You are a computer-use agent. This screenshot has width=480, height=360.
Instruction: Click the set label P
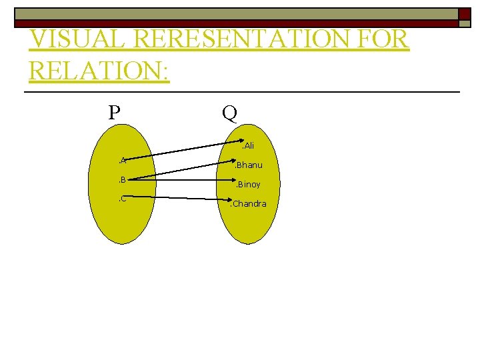coord(115,111)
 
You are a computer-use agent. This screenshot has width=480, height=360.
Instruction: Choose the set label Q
coord(229,113)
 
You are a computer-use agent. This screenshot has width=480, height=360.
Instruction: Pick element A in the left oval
coord(123,160)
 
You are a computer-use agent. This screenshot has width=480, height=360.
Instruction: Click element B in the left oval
coord(123,179)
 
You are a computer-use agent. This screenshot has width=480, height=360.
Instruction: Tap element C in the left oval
coord(123,199)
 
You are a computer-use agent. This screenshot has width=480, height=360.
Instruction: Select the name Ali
coord(248,145)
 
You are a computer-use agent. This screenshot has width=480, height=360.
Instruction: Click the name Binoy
coord(248,184)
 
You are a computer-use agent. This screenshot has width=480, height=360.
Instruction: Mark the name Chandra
coord(249,203)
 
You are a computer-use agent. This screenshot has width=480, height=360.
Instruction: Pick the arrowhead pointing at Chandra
coord(227,199)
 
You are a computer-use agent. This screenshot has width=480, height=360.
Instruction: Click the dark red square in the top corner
coord(465,14)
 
